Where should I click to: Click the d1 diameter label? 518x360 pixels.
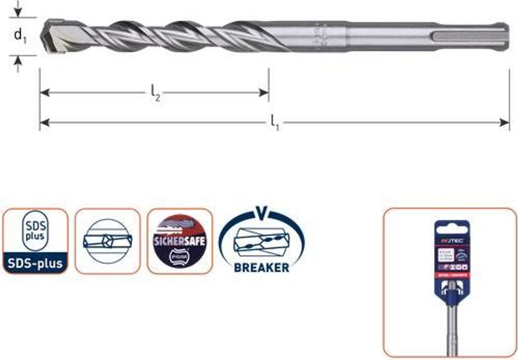pyautogui.click(x=20, y=35)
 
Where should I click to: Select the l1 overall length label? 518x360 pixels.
pyautogui.click(x=275, y=122)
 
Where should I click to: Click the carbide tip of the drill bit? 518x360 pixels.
pyautogui.click(x=53, y=37)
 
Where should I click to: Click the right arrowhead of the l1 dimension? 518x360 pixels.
pyautogui.click(x=505, y=122)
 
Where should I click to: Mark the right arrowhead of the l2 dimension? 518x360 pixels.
pyautogui.click(x=264, y=93)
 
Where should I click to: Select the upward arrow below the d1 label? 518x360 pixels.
pyautogui.click(x=18, y=62)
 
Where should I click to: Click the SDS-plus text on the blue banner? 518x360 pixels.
pyautogui.click(x=35, y=263)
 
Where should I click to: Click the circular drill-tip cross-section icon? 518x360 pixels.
pyautogui.click(x=107, y=241)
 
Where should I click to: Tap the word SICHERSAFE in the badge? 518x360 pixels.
pyautogui.click(x=180, y=240)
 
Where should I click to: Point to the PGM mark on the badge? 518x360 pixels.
pyautogui.click(x=180, y=257)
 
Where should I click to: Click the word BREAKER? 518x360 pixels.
pyautogui.click(x=262, y=267)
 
